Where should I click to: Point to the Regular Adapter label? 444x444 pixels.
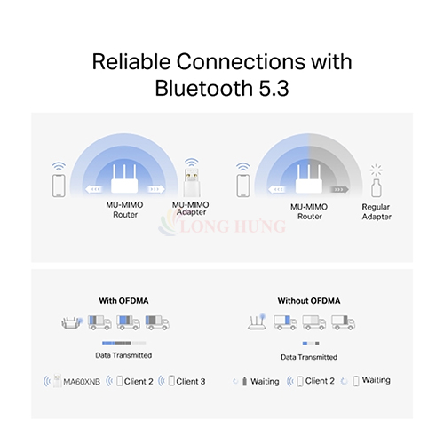tap(377, 210)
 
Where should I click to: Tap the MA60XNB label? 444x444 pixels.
tap(77, 381)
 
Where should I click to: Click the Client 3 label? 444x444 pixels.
tap(190, 381)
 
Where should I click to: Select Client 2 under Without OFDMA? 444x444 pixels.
tap(318, 380)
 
